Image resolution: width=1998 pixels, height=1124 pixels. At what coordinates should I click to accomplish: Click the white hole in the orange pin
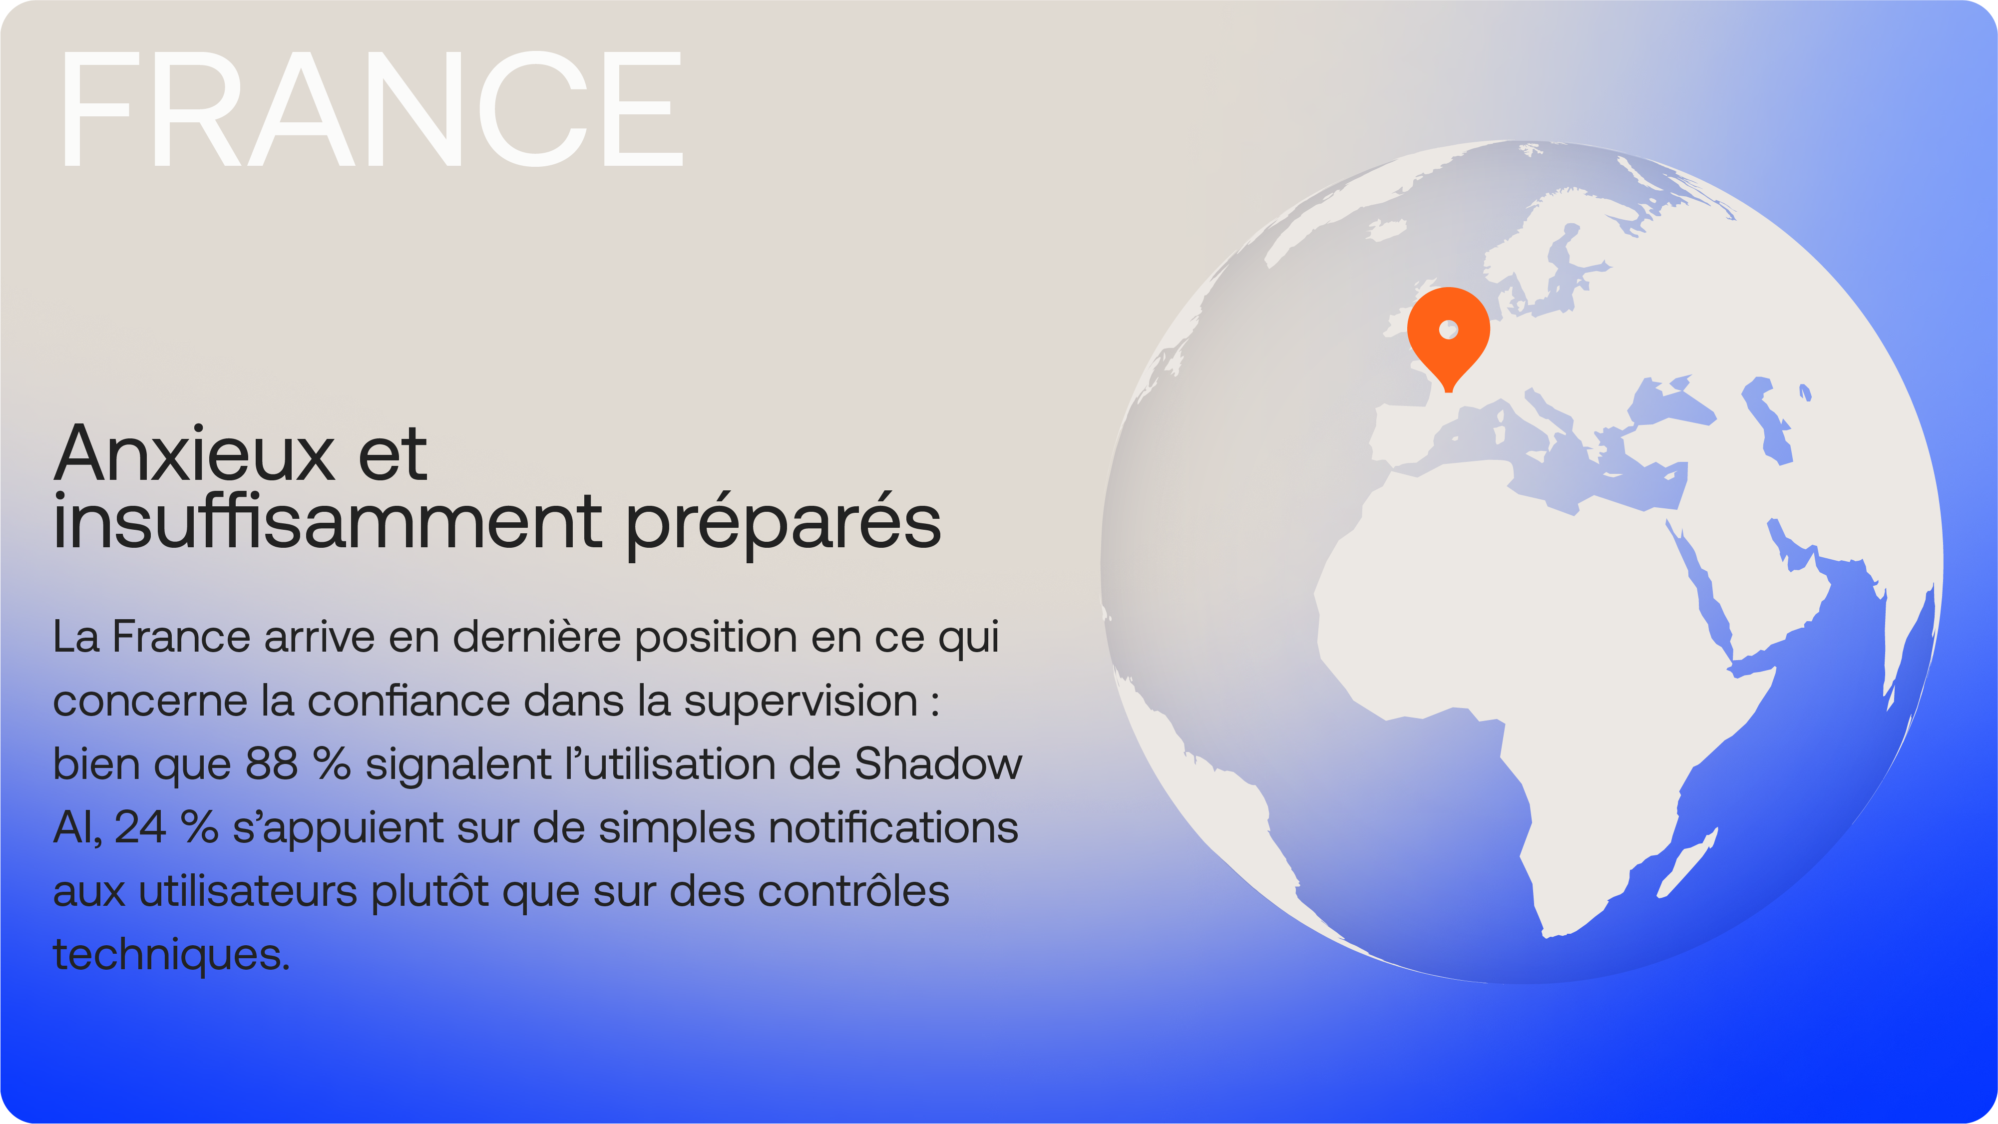(x=1448, y=330)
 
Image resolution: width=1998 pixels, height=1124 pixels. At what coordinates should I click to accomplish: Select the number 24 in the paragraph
(x=140, y=828)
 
